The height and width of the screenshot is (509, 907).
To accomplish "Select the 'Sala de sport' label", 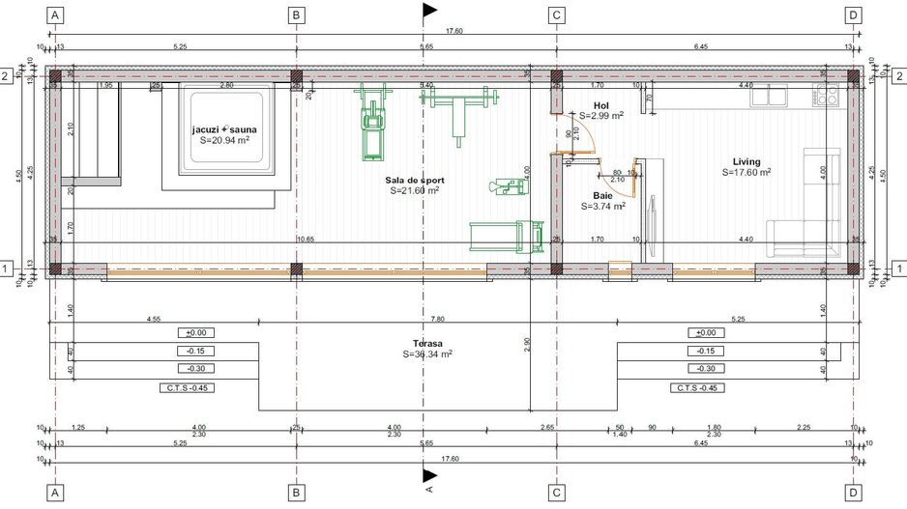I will pyautogui.click(x=415, y=181).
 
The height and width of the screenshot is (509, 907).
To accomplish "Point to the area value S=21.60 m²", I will pyautogui.click(x=415, y=191).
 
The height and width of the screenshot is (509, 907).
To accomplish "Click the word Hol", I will pyautogui.click(x=600, y=105).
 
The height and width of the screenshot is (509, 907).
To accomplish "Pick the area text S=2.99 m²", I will pyautogui.click(x=600, y=116).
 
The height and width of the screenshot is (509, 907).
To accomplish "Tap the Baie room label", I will pyautogui.click(x=603, y=195).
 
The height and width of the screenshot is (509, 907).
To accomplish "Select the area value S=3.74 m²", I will pyautogui.click(x=603, y=206).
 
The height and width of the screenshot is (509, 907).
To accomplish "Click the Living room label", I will pyautogui.click(x=746, y=162).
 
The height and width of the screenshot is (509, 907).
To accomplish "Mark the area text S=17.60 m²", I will pyautogui.click(x=746, y=173).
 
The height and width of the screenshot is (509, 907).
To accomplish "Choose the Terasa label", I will pyautogui.click(x=427, y=344).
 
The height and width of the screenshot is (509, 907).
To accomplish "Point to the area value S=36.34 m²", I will pyautogui.click(x=427, y=354).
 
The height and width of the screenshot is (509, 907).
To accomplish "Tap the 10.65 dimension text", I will pyautogui.click(x=306, y=239).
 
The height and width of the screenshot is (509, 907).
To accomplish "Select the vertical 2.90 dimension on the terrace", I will pyautogui.click(x=526, y=344).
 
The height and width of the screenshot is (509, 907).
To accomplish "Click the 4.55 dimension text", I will pyautogui.click(x=154, y=319).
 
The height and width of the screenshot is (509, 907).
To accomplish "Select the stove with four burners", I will pyautogui.click(x=827, y=95).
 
